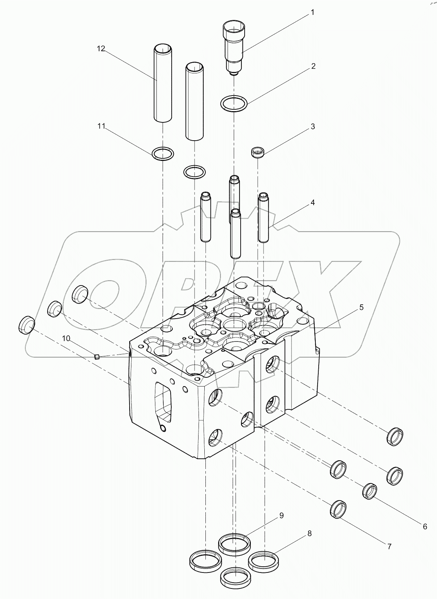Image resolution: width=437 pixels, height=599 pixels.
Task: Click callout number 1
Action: pos(312,13)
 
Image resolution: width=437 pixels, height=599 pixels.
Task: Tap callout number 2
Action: pos(313,66)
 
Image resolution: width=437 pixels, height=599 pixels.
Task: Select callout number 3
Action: pos(312,127)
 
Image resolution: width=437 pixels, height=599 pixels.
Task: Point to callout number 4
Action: pos(312,202)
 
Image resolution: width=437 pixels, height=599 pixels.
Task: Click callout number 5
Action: pos(361,307)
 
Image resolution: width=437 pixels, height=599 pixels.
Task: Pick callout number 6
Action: pos(425,526)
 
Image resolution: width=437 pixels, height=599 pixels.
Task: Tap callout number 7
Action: pos(389,546)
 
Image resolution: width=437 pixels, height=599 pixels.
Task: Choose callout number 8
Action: pos(309,534)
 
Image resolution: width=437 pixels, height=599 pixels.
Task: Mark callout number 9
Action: pos(281,515)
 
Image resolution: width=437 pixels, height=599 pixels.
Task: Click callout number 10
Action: pos(66,339)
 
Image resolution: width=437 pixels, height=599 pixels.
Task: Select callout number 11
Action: pos(101,126)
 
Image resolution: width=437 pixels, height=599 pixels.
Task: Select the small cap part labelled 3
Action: pos(258,152)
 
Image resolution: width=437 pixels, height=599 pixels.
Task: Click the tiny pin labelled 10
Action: pos(97,357)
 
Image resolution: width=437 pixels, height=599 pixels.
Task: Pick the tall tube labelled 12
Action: pos(162,84)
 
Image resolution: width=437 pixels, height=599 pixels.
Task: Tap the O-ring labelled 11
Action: pos(163,153)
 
